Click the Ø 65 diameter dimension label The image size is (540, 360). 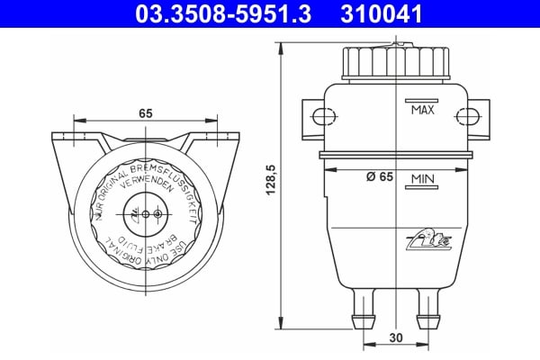pyautogui.click(x=380, y=177)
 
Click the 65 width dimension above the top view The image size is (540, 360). pyautogui.click(x=145, y=112)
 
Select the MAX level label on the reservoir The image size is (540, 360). pyautogui.click(x=422, y=110)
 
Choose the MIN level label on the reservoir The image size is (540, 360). pyautogui.click(x=422, y=180)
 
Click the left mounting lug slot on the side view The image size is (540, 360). pyautogui.click(x=319, y=116)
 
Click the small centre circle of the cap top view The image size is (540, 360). pyautogui.click(x=158, y=214)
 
